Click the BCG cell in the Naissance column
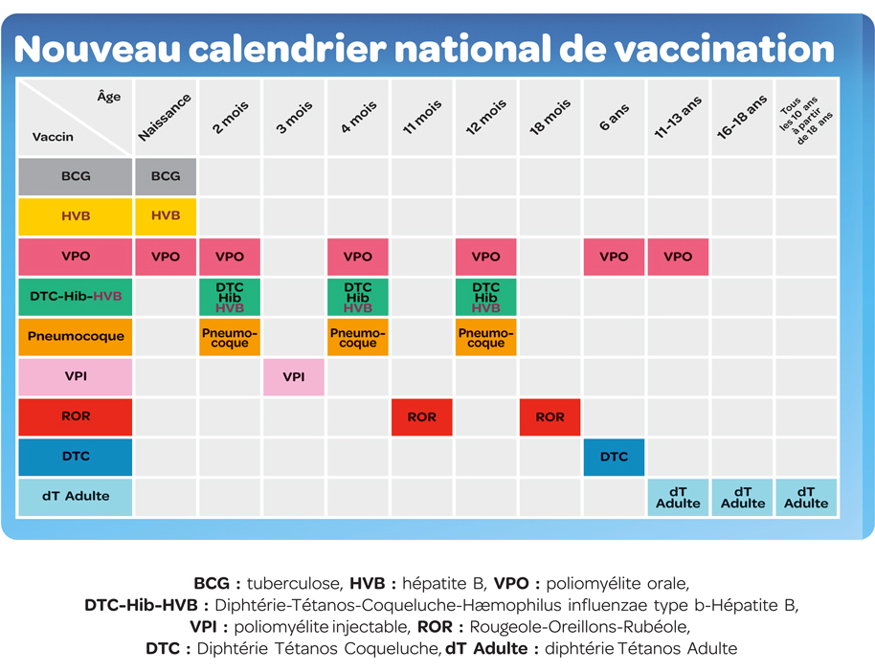click(166, 176)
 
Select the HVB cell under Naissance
click(166, 216)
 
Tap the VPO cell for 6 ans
click(614, 257)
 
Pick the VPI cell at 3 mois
click(294, 377)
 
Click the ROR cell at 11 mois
click(422, 417)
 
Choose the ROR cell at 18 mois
click(550, 417)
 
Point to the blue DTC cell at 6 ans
click(614, 457)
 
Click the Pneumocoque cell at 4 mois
click(358, 337)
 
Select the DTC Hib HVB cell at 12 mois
click(486, 297)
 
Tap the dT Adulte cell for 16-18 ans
click(743, 497)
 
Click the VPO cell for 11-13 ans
click(678, 257)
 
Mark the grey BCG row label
click(76, 176)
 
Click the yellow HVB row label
click(76, 216)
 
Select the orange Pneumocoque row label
click(76, 337)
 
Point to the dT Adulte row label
click(76, 497)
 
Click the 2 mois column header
click(231, 117)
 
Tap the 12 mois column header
click(486, 117)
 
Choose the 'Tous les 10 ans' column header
click(805, 118)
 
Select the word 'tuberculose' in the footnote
click(294, 583)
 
